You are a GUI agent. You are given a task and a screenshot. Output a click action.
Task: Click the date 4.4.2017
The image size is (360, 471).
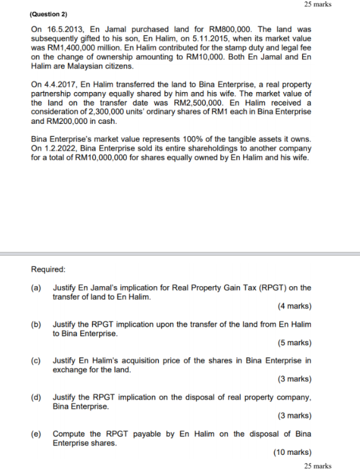60,83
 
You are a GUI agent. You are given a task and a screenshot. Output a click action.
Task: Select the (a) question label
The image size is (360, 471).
36,288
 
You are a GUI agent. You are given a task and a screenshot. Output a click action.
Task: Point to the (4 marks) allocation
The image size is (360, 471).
294,306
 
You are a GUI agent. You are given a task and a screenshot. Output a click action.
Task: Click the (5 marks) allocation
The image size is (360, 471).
294,343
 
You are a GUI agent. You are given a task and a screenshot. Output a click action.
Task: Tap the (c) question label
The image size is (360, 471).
36,361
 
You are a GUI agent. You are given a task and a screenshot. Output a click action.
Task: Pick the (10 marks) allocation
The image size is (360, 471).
292,452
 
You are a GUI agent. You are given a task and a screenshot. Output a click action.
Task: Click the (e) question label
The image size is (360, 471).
36,434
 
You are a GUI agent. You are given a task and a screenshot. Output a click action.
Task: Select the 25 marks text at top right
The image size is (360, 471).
318,4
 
